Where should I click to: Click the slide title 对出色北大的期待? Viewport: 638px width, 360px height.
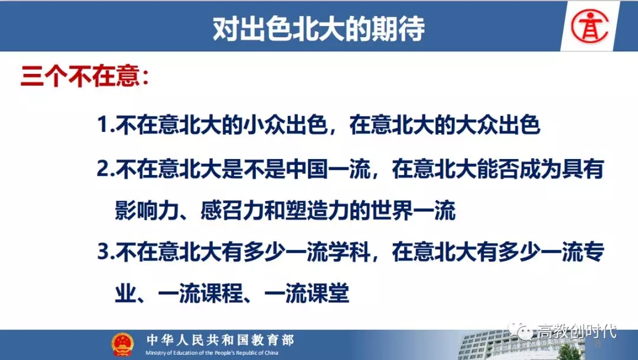pos(319,28)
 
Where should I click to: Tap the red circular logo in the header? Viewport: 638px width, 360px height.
pos(590,27)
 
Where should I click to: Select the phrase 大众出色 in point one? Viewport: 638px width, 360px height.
pos(497,124)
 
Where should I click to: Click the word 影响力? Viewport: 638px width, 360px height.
pos(147,210)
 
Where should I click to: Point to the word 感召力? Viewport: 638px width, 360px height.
pos(232,210)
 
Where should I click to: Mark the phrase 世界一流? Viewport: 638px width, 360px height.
pos(412,210)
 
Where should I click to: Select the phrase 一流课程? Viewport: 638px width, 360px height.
pos(200,293)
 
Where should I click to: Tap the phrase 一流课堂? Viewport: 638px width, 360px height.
pos(307,293)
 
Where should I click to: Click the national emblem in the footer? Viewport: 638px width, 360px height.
pos(122,345)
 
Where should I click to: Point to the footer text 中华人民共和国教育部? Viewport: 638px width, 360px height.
pos(220,340)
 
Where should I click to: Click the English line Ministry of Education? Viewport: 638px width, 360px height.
pos(212,353)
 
